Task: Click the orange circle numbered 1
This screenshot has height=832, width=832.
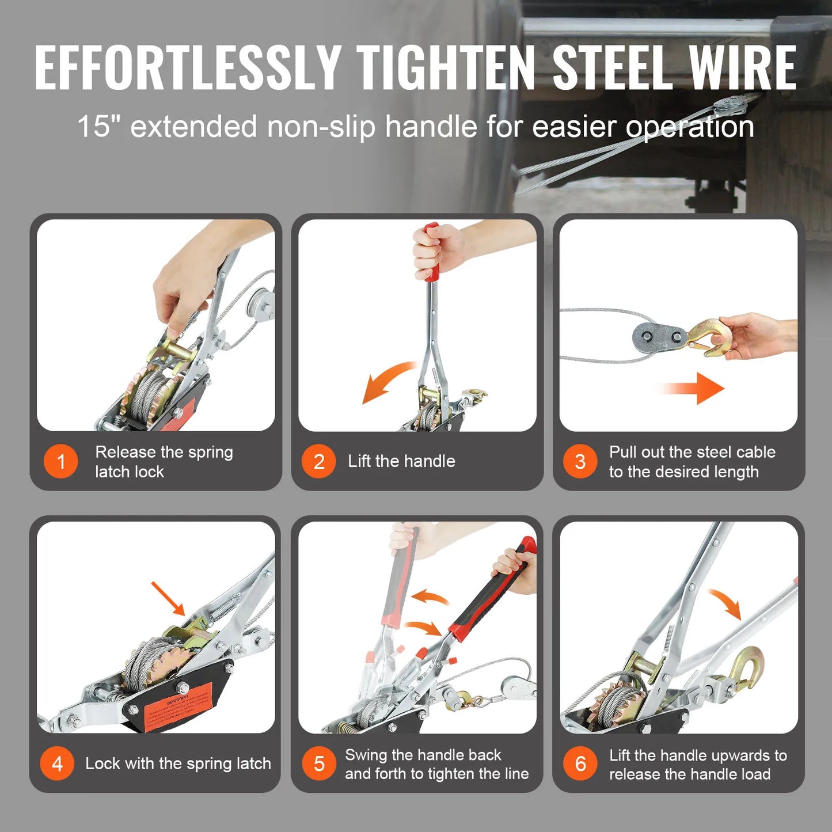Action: [61, 461]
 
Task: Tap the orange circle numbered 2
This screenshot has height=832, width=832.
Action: [318, 461]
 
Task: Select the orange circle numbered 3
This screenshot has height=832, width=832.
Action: [580, 461]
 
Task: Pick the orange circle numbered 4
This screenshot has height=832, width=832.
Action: [57, 763]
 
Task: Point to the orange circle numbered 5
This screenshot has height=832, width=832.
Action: [318, 763]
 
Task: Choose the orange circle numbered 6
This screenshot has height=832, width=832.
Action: [580, 763]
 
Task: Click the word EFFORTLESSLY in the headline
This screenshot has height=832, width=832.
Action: [188, 68]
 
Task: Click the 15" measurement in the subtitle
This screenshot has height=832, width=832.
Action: [94, 126]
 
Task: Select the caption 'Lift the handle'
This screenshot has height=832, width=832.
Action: [401, 461]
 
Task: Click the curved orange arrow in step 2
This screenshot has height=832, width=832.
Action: [386, 381]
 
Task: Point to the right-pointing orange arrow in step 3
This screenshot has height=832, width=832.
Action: [694, 389]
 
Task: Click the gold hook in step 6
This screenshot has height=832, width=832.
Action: [749, 668]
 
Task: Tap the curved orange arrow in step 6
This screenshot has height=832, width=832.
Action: [726, 603]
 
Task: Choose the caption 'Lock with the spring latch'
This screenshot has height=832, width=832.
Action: [178, 763]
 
